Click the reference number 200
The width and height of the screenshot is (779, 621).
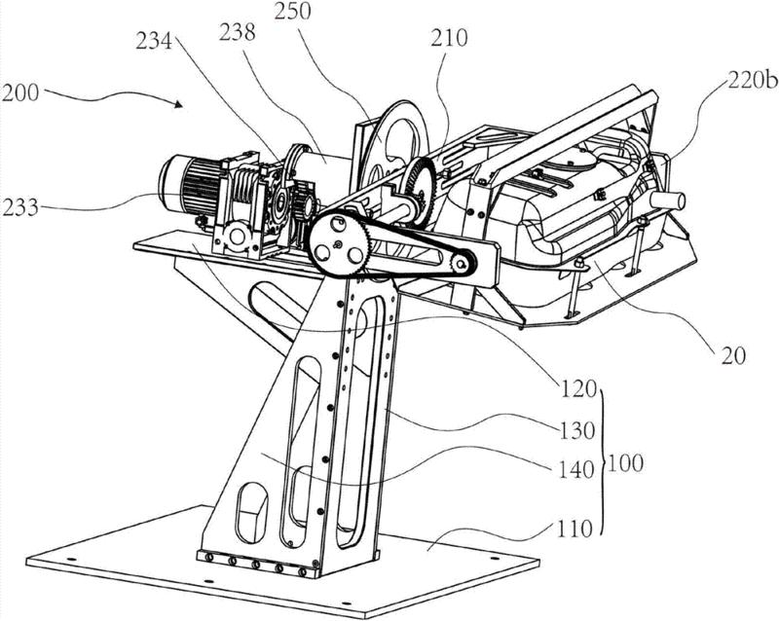(x=19, y=92)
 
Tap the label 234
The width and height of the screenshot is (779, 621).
(x=154, y=41)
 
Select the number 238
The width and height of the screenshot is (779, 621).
(x=237, y=32)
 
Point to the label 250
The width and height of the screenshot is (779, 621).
(x=293, y=11)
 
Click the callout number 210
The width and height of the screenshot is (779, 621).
(x=449, y=37)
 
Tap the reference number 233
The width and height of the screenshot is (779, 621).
(x=19, y=207)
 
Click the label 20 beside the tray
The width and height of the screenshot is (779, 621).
(x=733, y=355)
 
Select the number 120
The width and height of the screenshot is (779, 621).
(x=577, y=389)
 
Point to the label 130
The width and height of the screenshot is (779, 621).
(x=577, y=430)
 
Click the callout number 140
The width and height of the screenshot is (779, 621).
(x=576, y=469)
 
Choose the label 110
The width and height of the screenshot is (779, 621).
(x=575, y=530)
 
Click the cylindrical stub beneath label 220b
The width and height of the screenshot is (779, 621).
(x=668, y=201)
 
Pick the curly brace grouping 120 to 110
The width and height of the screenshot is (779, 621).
(x=602, y=462)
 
